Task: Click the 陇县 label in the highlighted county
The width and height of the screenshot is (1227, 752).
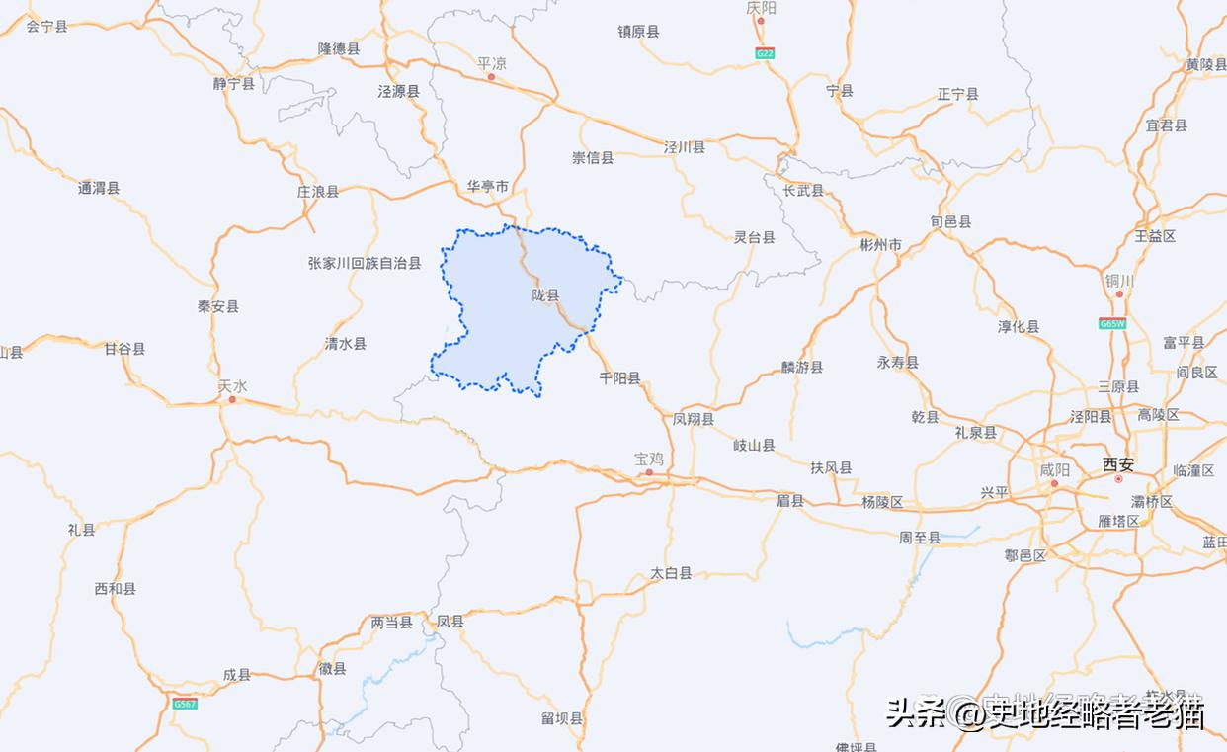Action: click(x=545, y=295)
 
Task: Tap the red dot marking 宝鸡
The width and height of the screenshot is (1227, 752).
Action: click(x=649, y=472)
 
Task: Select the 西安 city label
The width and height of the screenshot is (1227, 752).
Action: click(x=1118, y=463)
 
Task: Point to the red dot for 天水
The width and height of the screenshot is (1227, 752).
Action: click(x=232, y=399)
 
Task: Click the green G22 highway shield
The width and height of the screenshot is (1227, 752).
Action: click(x=764, y=53)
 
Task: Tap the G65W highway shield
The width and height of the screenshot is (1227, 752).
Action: click(x=1111, y=323)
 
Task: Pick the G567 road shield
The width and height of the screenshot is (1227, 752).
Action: click(x=185, y=704)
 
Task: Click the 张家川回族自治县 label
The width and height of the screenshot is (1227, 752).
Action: click(x=365, y=263)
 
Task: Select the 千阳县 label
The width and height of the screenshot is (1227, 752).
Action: click(x=619, y=378)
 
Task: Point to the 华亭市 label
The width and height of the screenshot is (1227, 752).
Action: click(x=488, y=186)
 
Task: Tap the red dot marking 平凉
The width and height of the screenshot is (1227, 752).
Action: click(x=491, y=76)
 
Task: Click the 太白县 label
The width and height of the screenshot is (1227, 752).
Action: click(x=671, y=573)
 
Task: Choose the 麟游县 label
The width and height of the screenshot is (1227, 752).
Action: click(x=802, y=367)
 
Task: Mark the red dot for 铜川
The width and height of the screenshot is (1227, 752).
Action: click(x=1119, y=293)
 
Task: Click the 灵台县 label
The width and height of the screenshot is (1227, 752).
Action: click(x=754, y=237)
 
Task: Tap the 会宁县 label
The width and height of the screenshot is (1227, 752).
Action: click(x=46, y=27)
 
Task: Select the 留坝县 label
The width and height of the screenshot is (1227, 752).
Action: click(x=562, y=719)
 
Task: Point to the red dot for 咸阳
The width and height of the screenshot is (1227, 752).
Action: click(x=1054, y=483)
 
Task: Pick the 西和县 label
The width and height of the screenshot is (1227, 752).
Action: click(x=115, y=589)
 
